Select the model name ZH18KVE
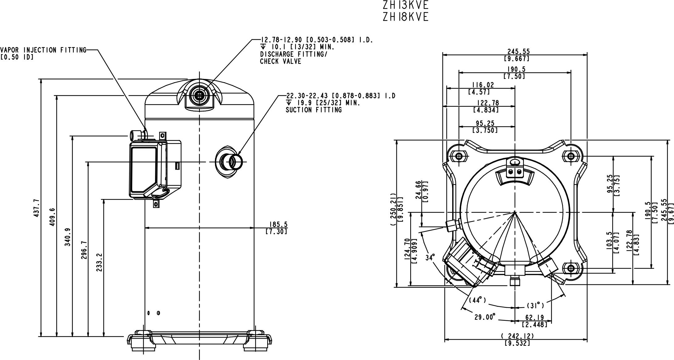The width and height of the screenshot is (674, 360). pos(406,17)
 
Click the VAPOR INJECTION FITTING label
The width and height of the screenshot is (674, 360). pos(43,50)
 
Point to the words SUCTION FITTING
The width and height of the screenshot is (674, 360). pos(314,110)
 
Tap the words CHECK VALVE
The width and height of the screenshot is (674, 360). pos(280,61)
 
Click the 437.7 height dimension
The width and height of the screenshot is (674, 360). pos(36,208)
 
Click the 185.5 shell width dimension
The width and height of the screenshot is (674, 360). pos(276,224)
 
